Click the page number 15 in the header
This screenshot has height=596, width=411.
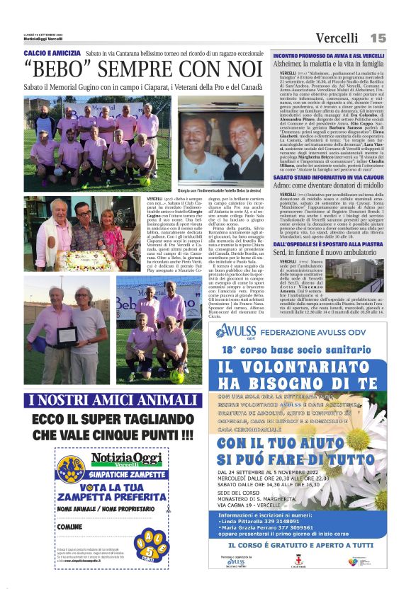(x=378, y=37)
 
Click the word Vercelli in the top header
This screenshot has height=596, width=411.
(x=337, y=38)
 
